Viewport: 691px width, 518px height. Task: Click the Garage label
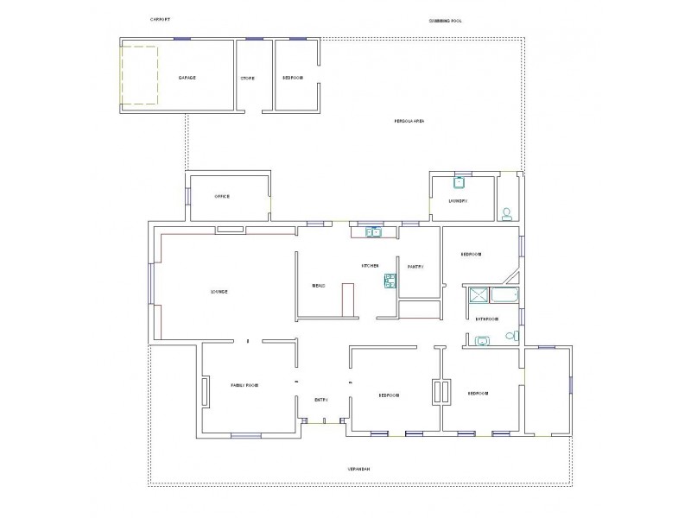187,78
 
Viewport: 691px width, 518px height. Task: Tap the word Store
247,79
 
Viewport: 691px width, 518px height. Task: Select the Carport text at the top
160,19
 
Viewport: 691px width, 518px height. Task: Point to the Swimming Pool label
446,20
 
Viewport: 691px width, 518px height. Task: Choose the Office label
222,196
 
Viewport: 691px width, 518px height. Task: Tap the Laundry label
458,201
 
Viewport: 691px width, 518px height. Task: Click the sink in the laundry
460,183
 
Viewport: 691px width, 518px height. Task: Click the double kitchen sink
373,232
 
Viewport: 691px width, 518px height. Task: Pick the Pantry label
415,267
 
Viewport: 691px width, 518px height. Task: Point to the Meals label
318,286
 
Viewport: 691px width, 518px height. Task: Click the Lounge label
219,292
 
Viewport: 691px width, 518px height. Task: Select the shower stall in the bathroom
479,298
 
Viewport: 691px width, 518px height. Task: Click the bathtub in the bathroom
504,298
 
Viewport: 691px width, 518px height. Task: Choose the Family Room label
244,383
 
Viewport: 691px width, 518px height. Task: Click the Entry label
321,399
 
